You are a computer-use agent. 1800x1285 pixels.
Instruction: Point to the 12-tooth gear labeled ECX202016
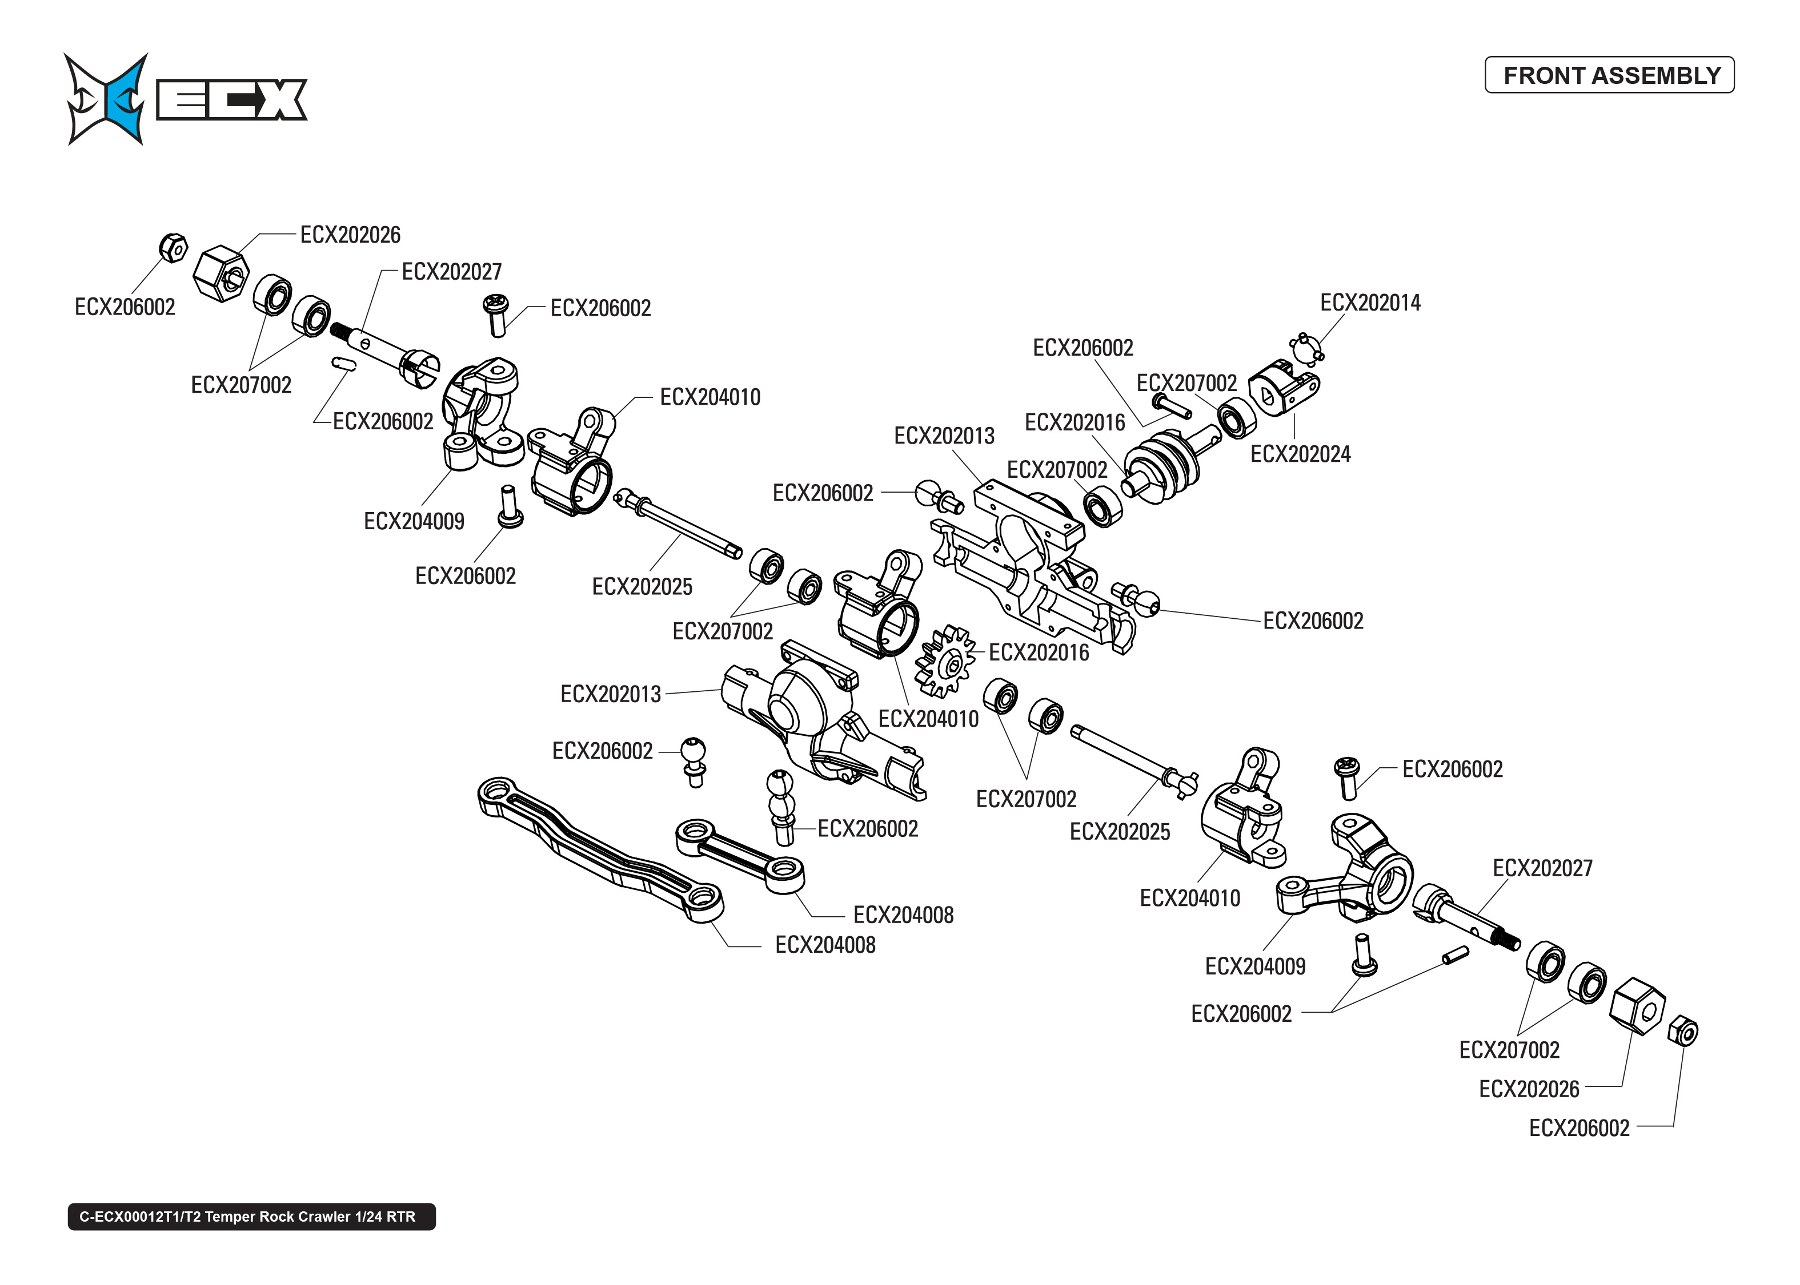944,660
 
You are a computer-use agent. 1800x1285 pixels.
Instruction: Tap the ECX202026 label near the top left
350,235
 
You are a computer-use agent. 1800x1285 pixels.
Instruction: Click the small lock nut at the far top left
173,248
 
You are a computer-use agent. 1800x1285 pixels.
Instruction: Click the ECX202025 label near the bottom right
1119,832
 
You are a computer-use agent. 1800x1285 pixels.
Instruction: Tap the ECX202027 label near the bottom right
1542,868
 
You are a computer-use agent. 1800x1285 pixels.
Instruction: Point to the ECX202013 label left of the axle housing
610,694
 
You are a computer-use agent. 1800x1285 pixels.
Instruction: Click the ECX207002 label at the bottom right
1509,1050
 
